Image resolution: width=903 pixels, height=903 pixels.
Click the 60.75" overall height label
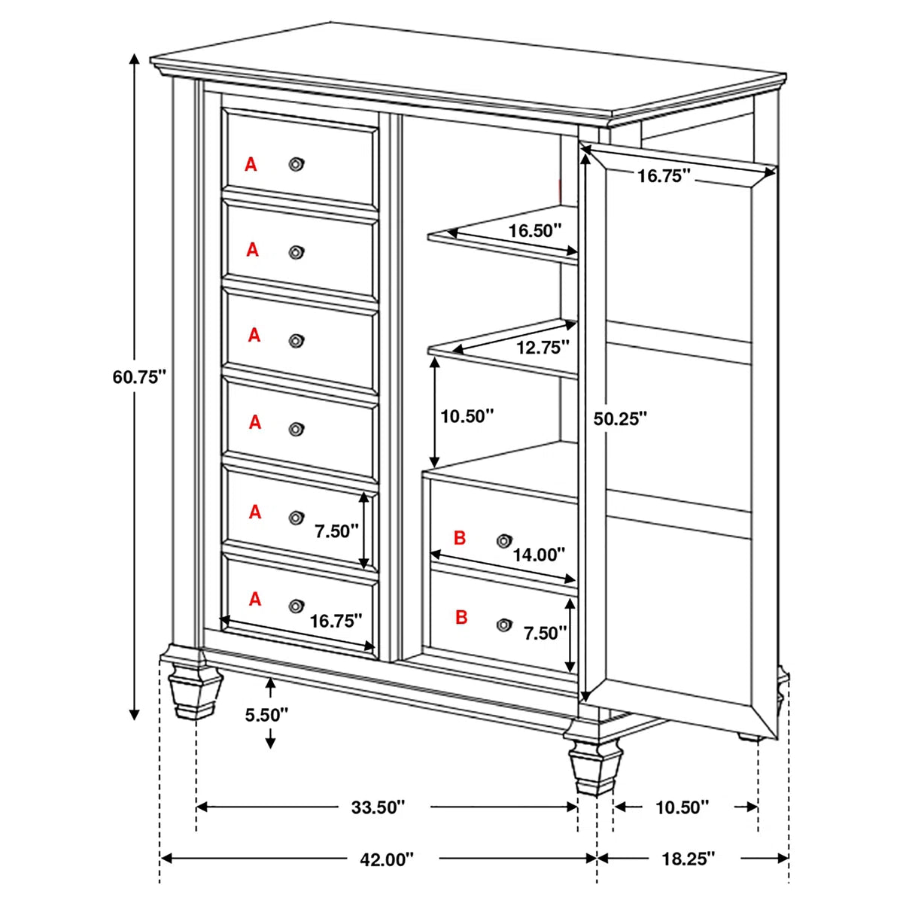tap(138, 378)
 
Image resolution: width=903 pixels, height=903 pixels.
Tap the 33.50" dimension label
tap(378, 807)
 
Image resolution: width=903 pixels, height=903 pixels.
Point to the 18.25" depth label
tap(689, 859)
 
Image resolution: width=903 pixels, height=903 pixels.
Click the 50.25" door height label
tap(620, 418)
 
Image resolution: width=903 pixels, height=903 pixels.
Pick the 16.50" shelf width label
tap(535, 230)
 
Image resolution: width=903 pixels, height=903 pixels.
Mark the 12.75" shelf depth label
tap(543, 347)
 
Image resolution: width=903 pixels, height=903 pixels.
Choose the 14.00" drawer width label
tap(539, 555)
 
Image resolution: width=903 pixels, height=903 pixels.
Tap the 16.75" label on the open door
tap(664, 176)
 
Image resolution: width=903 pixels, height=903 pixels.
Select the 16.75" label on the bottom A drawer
tap(336, 621)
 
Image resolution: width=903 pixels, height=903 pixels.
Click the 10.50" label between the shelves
tap(467, 415)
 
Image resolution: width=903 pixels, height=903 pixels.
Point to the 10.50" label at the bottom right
tap(683, 807)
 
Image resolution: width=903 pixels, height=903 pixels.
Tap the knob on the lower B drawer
tap(503, 624)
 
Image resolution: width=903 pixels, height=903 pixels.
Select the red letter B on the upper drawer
tap(461, 538)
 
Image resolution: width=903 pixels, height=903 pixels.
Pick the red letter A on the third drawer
tap(254, 336)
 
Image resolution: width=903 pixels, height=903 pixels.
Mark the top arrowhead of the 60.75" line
tap(135, 59)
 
